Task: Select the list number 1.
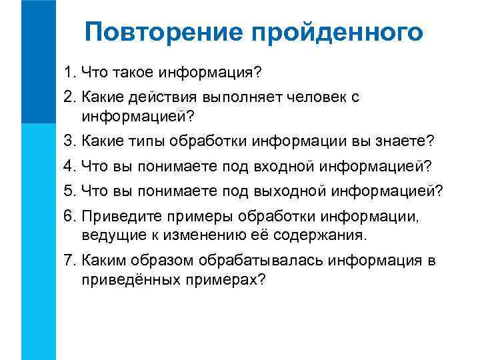point(69,71)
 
